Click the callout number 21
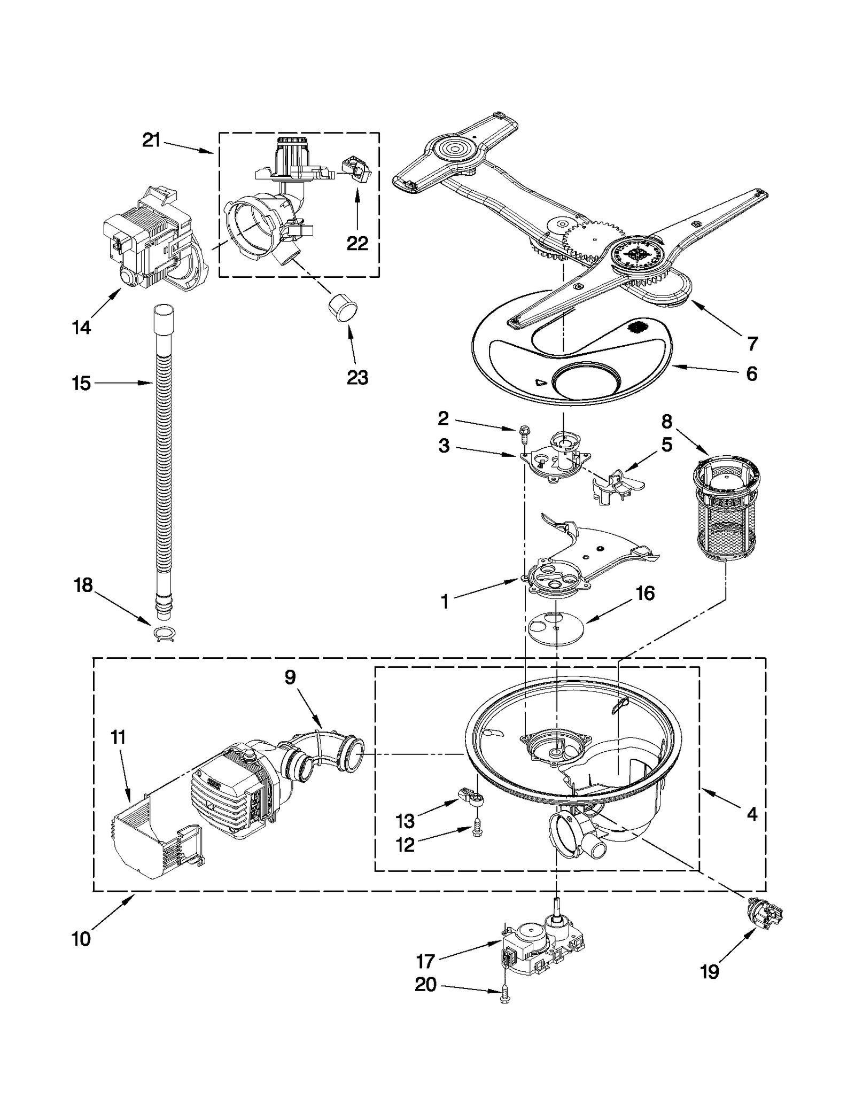tap(151, 140)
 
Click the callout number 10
tap(81, 939)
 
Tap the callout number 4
tap(752, 814)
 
